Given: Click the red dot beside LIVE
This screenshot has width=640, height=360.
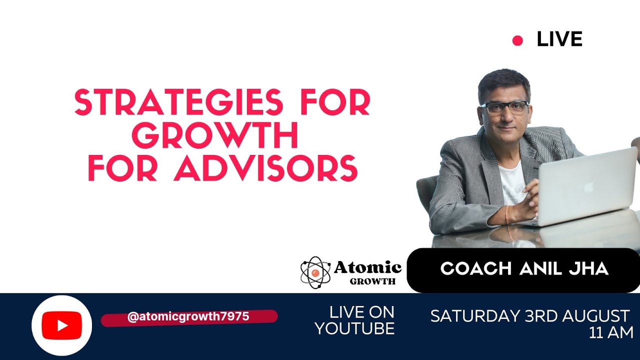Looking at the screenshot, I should [x=517, y=41].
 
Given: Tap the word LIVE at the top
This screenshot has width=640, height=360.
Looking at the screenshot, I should [x=559, y=39].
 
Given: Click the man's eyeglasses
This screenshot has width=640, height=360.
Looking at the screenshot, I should [x=504, y=107].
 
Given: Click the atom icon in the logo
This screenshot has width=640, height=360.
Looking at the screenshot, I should [x=315, y=272].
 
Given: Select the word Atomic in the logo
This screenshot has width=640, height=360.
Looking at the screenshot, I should [x=367, y=267].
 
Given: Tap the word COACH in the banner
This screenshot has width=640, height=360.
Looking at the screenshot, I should [x=476, y=269].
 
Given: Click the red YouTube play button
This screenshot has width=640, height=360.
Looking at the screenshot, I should [x=61, y=325].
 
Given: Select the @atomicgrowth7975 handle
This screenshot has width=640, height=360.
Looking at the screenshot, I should [x=188, y=317].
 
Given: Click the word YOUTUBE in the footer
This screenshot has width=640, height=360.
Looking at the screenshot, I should [x=354, y=328].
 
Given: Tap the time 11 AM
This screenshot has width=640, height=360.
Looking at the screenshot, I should [x=611, y=332].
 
